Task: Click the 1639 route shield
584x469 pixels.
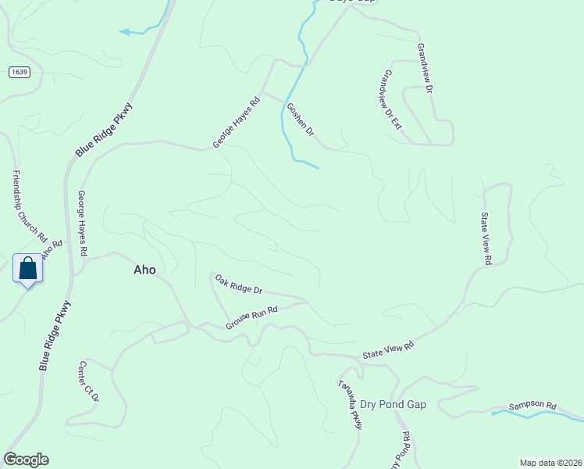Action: pos(20,72)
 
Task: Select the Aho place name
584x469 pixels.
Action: pos(144,270)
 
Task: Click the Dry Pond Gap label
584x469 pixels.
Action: pos(393,404)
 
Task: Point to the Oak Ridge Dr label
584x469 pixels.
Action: pos(239,284)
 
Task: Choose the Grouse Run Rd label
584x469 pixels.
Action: pos(251,317)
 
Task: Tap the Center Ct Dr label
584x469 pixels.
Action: pos(88,381)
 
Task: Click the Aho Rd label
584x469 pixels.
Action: pos(52,250)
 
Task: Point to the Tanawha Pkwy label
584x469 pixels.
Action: pos(351,404)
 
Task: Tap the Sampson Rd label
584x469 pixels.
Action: pos(532,406)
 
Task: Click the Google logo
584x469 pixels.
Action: pos(26,460)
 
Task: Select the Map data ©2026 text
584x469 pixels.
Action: pos(550,462)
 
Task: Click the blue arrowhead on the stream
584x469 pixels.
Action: pos(123,32)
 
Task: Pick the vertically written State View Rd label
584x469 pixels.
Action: pos(486,238)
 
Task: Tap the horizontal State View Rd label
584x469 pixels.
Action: pos(387,351)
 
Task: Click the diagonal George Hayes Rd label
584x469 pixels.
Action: pos(236,123)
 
